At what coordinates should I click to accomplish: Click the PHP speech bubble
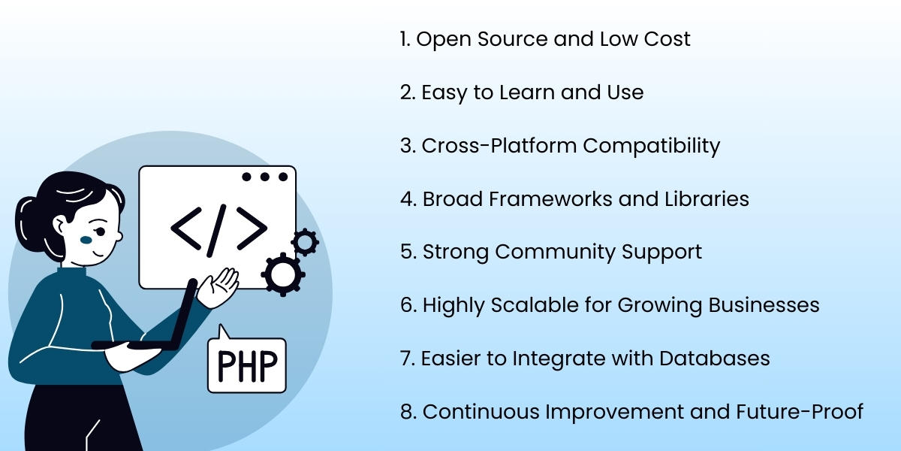(247, 365)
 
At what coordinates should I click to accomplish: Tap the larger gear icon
(282, 274)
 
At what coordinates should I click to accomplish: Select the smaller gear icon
(305, 242)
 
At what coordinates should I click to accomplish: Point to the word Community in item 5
(549, 252)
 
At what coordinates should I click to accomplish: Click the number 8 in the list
(406, 412)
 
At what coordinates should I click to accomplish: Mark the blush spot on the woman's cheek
(86, 241)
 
